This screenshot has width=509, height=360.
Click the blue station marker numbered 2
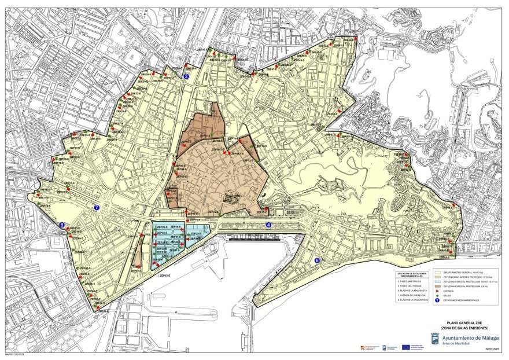tap(186, 76)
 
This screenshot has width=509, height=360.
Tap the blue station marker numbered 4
tap(268, 225)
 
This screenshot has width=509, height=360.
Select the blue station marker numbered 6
tap(317, 261)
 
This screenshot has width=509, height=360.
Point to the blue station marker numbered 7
tap(97, 207)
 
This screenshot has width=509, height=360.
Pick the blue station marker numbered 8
tap(62, 225)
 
